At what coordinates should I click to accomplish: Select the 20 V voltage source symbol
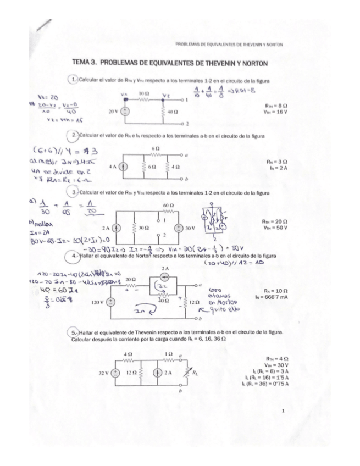pyautogui.click(x=126, y=110)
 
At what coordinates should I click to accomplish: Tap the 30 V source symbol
pyautogui.click(x=179, y=227)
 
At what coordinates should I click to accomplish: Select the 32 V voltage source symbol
pyautogui.click(x=115, y=372)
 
